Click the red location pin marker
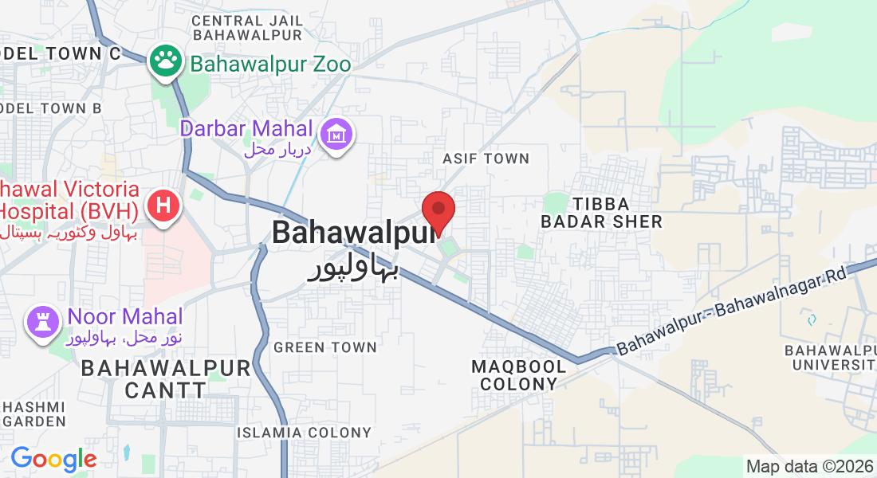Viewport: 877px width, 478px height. coord(438,211)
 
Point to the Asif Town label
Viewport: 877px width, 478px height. coord(486,159)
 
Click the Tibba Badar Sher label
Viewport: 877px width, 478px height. coord(601,213)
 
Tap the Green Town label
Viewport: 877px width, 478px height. coord(324,347)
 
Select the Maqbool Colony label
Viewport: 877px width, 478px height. coord(519,375)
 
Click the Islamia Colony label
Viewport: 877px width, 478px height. coord(304,433)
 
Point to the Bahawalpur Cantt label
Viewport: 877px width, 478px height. coord(166,379)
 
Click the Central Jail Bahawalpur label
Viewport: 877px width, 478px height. coord(247,27)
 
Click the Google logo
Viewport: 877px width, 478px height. coord(53,459)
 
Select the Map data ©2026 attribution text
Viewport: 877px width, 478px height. coord(808,466)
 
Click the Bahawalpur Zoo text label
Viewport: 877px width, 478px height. coord(269,64)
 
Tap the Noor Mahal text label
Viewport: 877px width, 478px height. coord(125,317)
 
